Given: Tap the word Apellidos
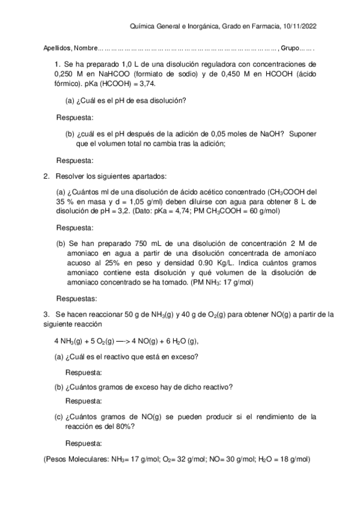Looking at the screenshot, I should [56, 49].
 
